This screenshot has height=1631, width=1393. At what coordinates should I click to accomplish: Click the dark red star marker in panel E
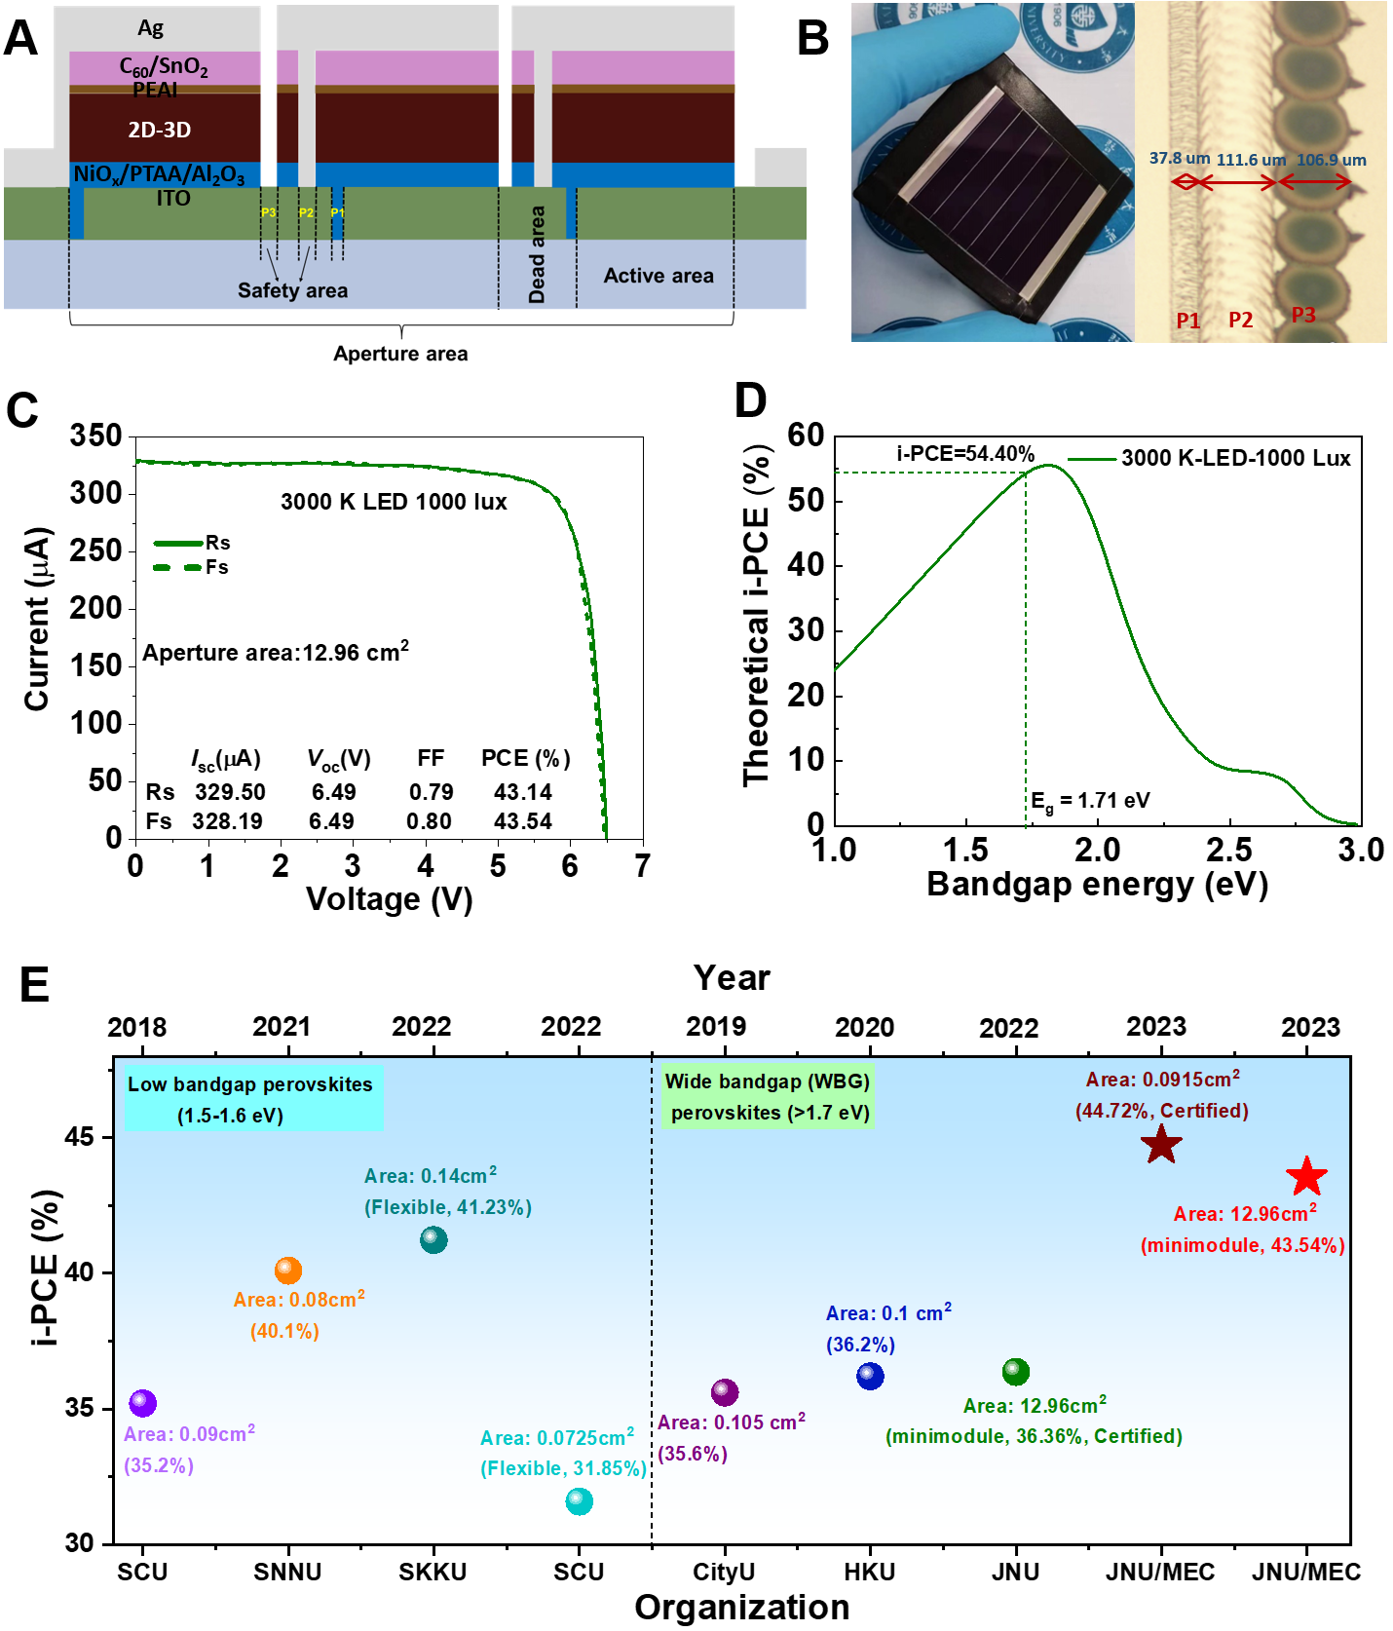(1161, 1144)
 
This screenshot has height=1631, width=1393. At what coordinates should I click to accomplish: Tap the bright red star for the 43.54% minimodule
(1306, 1177)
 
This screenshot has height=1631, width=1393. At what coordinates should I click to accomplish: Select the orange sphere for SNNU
(288, 1270)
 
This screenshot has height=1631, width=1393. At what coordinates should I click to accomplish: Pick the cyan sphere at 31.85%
(579, 1501)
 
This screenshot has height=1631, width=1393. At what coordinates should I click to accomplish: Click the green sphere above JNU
(1015, 1372)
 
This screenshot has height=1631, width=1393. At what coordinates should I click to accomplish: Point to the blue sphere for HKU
(870, 1376)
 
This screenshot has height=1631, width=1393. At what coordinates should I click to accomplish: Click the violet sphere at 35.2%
(143, 1403)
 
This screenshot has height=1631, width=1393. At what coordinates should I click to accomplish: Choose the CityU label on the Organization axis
(724, 1572)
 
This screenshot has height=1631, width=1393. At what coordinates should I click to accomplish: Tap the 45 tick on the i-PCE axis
(81, 1137)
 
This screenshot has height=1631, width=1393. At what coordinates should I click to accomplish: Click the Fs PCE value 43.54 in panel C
(522, 821)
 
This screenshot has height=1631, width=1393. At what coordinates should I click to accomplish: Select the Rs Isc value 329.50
(230, 792)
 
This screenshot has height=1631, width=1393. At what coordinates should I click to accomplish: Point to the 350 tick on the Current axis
(95, 436)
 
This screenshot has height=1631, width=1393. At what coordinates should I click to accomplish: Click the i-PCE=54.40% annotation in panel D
(965, 454)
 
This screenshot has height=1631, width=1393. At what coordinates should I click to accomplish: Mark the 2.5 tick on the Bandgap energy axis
(1229, 851)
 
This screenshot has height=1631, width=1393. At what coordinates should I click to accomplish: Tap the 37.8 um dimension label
(1179, 158)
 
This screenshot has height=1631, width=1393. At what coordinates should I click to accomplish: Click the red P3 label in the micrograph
(1303, 315)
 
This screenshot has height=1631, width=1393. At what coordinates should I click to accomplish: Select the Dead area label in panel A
(537, 254)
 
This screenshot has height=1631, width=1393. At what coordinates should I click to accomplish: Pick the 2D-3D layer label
(160, 130)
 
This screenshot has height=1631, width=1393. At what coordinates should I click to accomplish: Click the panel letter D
(750, 400)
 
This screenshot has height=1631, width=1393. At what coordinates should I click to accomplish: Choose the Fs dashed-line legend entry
(192, 567)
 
